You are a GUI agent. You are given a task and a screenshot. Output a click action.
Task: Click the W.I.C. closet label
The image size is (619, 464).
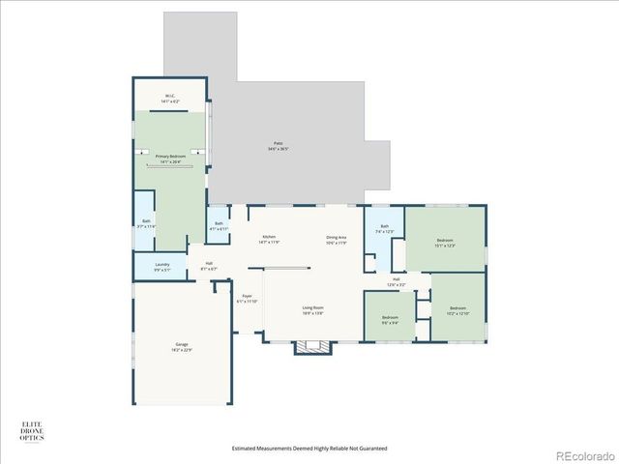tap(169, 99)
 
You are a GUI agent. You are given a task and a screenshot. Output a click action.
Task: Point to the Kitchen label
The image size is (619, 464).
tap(270, 240)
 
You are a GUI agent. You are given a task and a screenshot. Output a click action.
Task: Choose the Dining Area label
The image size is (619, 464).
tap(336, 240)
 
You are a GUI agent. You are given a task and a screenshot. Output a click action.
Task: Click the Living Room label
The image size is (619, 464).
tap(312, 310)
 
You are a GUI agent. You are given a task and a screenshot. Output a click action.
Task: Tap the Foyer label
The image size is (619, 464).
tap(247, 299)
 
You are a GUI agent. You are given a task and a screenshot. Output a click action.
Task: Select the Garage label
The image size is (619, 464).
tap(181, 346)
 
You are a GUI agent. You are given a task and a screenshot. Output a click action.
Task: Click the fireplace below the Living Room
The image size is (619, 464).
tap(311, 346)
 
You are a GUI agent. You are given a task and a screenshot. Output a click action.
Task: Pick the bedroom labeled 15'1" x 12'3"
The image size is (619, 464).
tap(445, 244)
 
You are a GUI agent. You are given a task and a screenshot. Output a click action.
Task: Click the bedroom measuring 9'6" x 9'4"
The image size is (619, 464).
tap(390, 320)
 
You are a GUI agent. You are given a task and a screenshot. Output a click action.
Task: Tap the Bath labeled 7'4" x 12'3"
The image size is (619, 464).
tap(384, 229)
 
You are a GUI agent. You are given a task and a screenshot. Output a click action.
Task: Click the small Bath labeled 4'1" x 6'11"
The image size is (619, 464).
tap(220, 226)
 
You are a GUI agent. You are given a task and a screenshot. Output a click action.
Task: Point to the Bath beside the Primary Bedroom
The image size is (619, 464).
tap(146, 223)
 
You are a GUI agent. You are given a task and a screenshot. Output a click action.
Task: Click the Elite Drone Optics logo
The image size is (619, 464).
tap(32, 430)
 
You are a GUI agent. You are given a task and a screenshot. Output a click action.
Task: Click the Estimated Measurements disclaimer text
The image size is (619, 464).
tap(309, 449)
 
